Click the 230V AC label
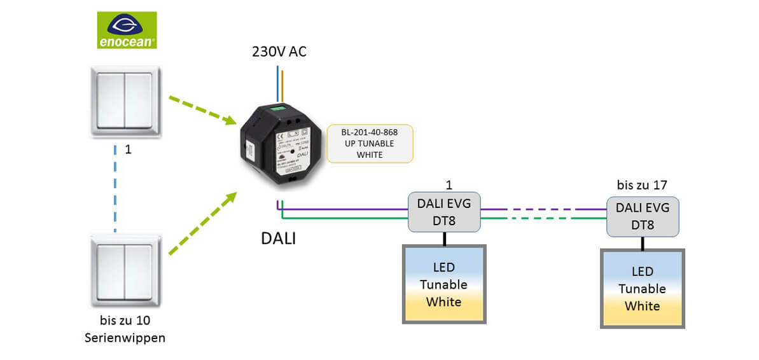tap(279, 52)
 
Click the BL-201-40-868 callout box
tap(369, 143)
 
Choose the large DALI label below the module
tap(279, 239)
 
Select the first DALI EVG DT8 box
tap(443, 212)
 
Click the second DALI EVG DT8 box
tap(642, 217)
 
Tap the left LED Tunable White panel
tap(443, 284)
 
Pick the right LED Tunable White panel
tap(642, 289)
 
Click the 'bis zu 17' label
tap(642, 185)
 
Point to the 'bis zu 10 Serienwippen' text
tap(125, 329)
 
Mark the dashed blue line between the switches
tap(115, 191)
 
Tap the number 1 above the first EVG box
tap(449, 185)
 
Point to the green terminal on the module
tap(278, 108)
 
